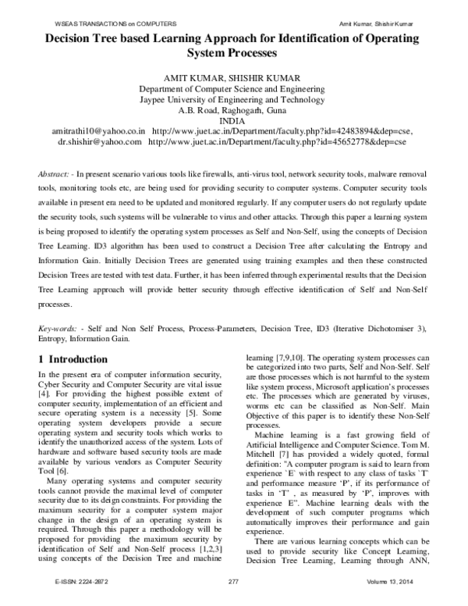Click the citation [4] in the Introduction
[x=44, y=397]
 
